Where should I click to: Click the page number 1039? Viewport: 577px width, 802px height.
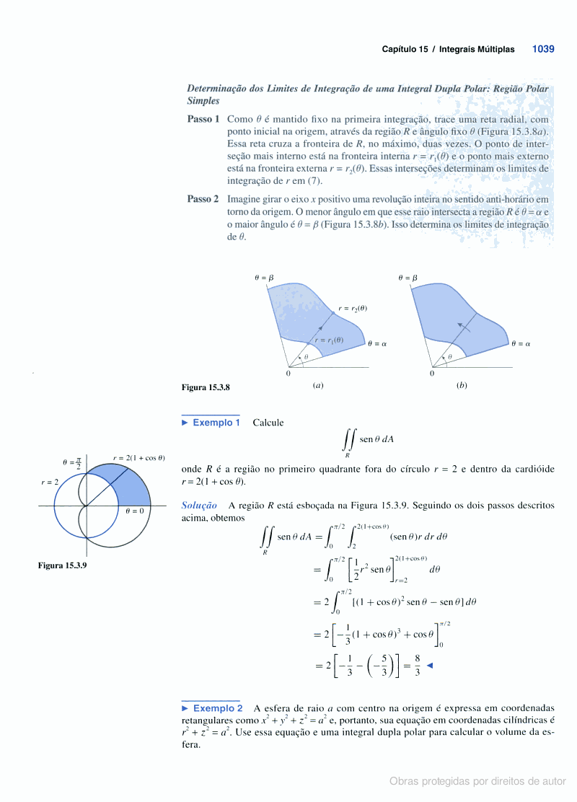pos(542,49)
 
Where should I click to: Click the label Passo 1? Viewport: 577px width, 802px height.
pos(203,119)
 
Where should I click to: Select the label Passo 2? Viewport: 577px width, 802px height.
pos(203,199)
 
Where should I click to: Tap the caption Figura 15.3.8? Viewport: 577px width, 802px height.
pos(206,387)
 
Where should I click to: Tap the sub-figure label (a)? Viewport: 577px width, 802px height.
pos(318,385)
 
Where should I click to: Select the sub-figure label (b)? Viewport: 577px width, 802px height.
pos(462,385)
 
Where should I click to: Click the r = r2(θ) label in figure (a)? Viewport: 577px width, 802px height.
pos(353,309)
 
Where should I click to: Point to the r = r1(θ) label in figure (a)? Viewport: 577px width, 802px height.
pos(328,340)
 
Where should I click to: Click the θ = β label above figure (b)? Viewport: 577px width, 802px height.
pos(408,278)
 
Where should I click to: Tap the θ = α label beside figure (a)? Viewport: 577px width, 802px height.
pos(377,344)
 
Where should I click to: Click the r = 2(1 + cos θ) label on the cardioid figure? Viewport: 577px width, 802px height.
pos(139,457)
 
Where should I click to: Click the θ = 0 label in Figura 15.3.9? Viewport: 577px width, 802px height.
pos(135,511)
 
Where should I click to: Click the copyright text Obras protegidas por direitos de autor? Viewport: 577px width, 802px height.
pos(477,781)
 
